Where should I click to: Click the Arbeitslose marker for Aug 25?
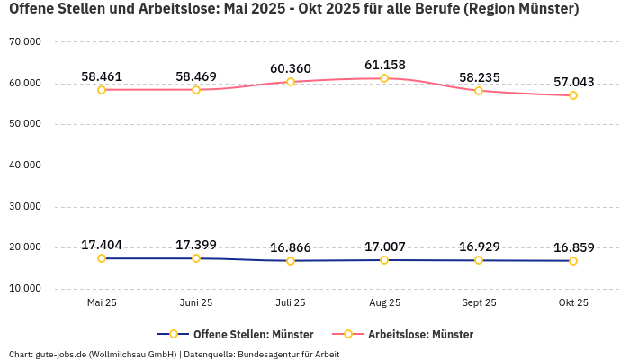pos(384,78)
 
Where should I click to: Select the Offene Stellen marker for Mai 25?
pos(102,258)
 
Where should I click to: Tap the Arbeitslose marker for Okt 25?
pos(573,95)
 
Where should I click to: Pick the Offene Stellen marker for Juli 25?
pos(291,261)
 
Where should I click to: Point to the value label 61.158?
pos(384,65)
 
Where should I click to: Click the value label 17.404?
pos(102,245)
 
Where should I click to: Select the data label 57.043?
pos(573,82)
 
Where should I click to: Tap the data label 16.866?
pos(291,247)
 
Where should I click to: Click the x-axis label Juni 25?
pos(196,303)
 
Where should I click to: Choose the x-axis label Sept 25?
pos(479,303)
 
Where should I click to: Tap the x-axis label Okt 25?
pos(573,303)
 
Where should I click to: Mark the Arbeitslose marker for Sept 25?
pos(479,91)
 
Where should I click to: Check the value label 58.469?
pos(196,76)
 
